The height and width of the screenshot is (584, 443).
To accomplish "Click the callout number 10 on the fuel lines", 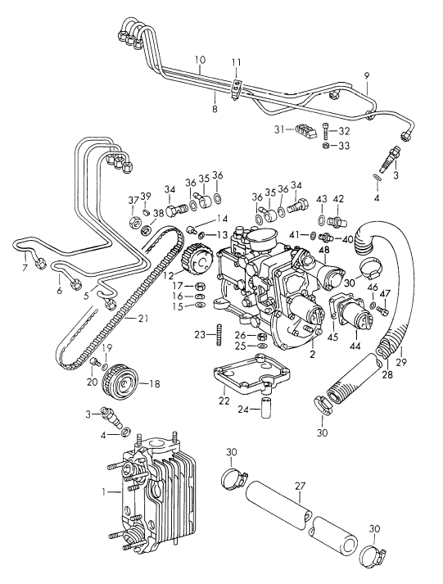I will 199,60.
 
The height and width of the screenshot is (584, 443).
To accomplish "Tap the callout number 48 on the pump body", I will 324,250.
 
